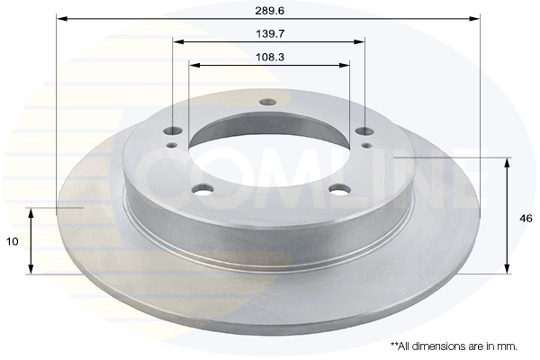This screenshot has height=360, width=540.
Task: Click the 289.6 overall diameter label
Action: point(270,11)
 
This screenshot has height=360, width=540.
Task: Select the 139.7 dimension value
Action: point(270,34)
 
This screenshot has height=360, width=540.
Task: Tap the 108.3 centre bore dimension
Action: point(270,57)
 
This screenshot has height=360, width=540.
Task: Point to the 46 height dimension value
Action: point(526,219)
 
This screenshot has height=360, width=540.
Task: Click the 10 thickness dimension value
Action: point(12,241)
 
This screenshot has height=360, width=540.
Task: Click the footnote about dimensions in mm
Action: point(454,346)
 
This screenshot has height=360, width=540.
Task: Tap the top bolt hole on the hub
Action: point(268,102)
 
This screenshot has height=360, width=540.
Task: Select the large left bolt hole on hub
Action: point(173,130)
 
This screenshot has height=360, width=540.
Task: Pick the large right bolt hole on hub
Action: point(364,130)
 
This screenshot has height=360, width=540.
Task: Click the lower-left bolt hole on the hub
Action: point(202,189)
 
